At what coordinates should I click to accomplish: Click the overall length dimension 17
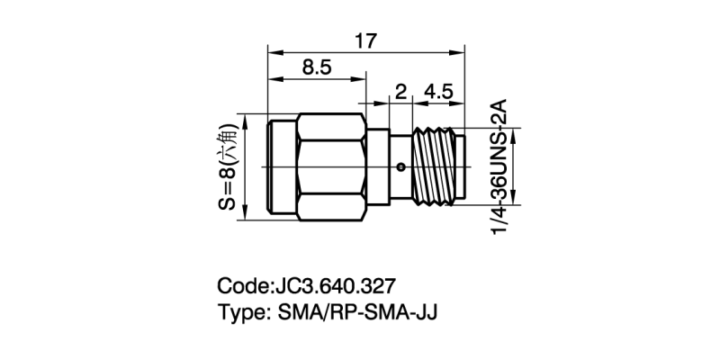coord(365,40)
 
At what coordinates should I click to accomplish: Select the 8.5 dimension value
coord(316,68)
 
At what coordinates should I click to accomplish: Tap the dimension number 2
coord(400,92)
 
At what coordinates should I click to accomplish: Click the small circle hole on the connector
coord(401,166)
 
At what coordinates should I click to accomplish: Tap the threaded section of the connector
coord(436,166)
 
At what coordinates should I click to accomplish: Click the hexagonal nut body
coord(333,166)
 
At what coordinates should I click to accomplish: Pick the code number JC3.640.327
coord(332,287)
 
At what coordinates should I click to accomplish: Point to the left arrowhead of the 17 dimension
coord(272,52)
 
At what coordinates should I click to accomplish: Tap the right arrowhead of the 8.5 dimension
coord(362,80)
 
